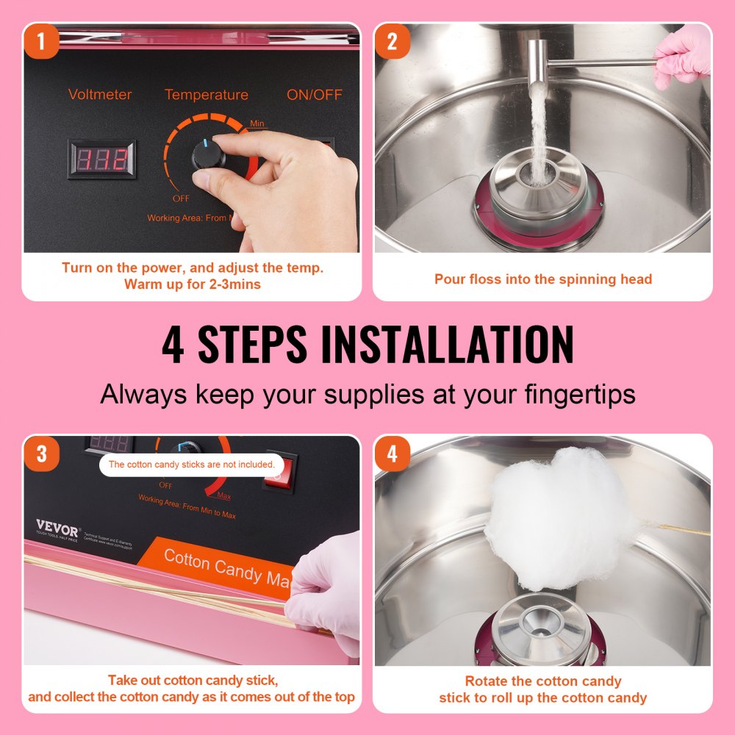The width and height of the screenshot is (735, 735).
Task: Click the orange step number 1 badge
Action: tap(41, 42)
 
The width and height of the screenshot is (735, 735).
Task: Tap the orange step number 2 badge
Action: tap(392, 42)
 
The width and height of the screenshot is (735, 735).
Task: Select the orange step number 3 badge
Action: tap(41, 453)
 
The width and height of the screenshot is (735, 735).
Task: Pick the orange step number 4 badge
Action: tap(392, 453)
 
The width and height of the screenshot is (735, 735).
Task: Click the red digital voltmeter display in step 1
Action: tap(102, 159)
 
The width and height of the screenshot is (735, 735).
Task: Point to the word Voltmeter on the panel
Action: tap(100, 95)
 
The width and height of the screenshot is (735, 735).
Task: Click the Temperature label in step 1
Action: tap(206, 95)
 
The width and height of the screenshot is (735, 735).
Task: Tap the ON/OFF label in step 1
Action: tap(314, 95)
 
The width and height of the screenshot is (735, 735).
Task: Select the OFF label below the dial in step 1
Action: tap(181, 198)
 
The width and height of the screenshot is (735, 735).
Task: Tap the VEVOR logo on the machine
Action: tap(57, 529)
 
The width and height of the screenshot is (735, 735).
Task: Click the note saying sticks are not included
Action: tap(191, 465)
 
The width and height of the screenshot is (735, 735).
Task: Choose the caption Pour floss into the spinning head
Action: tap(542, 279)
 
